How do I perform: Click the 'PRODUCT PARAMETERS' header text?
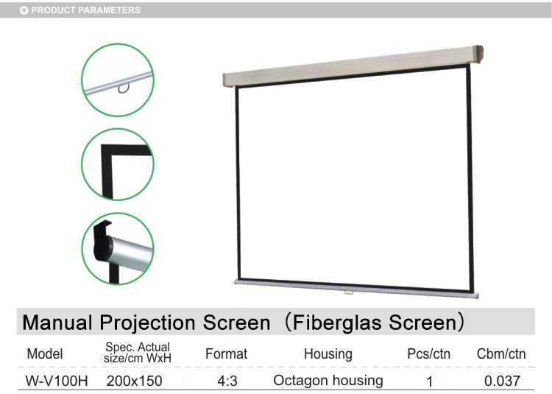click(85, 10)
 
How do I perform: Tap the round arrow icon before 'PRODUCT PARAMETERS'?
click(24, 10)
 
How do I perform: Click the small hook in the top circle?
click(123, 89)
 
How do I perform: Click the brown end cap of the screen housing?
click(478, 54)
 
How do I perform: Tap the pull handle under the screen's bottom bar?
click(349, 292)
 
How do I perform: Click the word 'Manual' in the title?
click(57, 323)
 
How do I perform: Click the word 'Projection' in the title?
click(147, 323)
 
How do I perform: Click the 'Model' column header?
click(45, 353)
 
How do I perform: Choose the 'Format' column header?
click(227, 353)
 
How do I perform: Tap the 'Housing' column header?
click(328, 354)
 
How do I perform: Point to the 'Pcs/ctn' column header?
click(429, 353)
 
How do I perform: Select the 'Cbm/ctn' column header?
click(501, 353)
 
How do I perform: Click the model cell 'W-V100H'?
click(57, 381)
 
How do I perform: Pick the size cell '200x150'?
click(135, 381)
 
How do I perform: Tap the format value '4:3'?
click(227, 381)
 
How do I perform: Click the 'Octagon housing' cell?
click(328, 381)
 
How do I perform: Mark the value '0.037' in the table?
click(503, 381)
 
